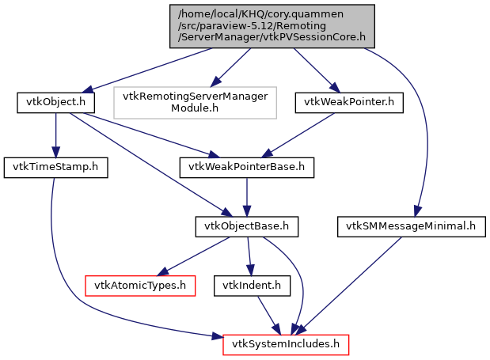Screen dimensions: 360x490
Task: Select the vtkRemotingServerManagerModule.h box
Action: [196, 103]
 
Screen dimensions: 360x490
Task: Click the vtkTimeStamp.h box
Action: [54, 168]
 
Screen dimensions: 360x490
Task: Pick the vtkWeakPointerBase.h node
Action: [247, 168]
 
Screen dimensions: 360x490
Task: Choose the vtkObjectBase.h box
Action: [247, 227]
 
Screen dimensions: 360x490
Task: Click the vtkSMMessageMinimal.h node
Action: [411, 227]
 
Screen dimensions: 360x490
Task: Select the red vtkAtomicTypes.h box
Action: [140, 285]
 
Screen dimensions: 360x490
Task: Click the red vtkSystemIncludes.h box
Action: [286, 344]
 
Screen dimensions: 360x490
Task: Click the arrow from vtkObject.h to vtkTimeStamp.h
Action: [55, 135]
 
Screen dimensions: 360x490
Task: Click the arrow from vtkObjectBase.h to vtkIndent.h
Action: [249, 256]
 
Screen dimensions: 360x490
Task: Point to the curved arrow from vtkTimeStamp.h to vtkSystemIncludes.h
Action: [71, 285]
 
